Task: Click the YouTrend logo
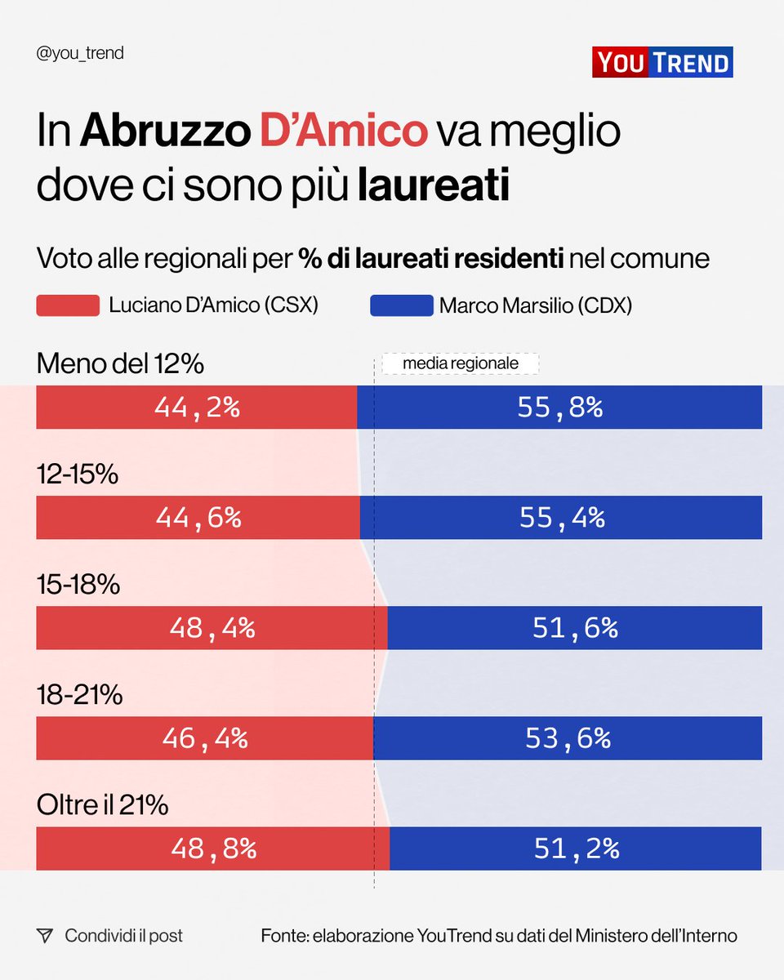662,62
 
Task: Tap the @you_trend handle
80,54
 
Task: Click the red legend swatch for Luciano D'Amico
68,305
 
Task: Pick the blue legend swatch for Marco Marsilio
401,305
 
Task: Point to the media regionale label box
461,363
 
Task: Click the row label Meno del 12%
120,364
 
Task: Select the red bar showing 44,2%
196,407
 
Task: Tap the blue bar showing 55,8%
559,407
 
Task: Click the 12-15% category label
78,474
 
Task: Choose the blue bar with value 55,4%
561,517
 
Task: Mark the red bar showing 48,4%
212,627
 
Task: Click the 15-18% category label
78,585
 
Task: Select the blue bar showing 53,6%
568,738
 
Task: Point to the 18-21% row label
79,695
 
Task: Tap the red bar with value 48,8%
213,849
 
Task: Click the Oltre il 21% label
102,805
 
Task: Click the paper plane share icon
45,936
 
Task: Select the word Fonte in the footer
283,936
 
